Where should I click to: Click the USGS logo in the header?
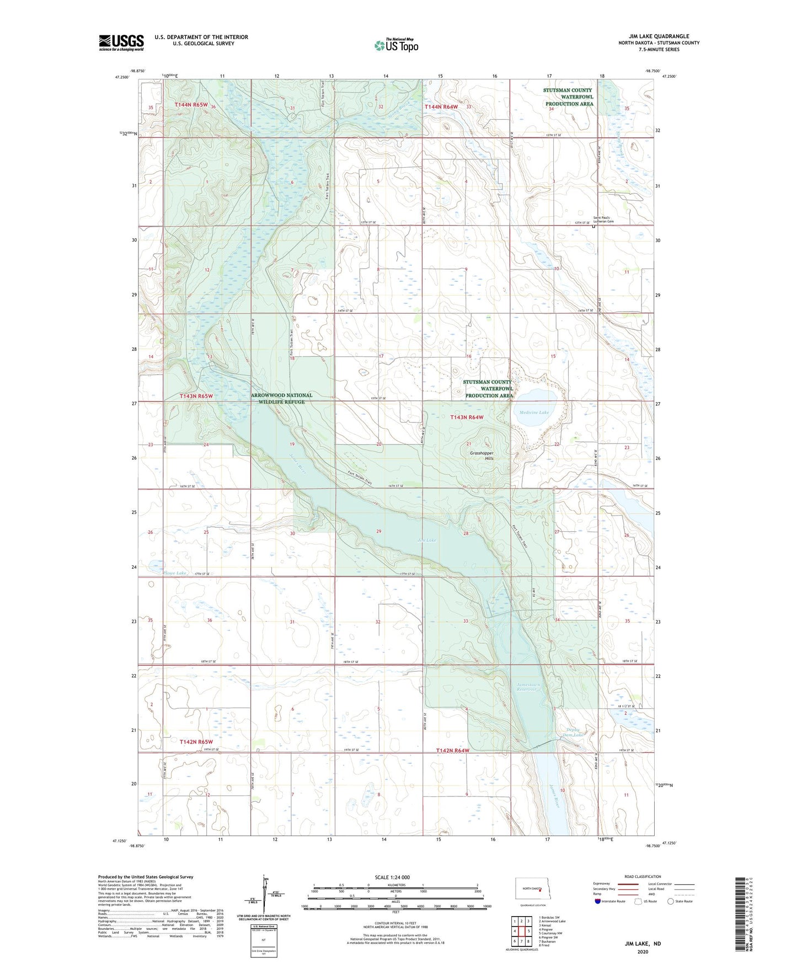point(121,42)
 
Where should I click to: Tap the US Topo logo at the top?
point(396,45)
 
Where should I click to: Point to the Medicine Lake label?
point(533,413)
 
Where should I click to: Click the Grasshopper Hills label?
point(482,456)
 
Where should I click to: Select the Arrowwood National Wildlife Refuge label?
point(281,398)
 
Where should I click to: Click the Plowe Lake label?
point(174,573)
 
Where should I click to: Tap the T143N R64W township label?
point(467,418)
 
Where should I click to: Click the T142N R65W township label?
point(196,742)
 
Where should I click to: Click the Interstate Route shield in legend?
point(598,902)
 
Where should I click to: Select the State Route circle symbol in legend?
point(671,902)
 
